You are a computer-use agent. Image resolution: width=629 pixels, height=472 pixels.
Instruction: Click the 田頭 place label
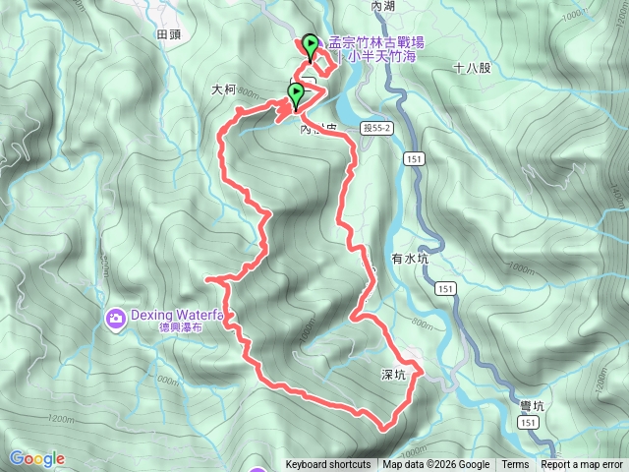click(169, 33)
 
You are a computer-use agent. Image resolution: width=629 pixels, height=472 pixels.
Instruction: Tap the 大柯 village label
click(224, 89)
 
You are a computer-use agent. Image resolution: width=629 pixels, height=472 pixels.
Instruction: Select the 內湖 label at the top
click(382, 6)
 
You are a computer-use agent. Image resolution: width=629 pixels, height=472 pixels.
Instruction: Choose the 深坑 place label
click(394, 375)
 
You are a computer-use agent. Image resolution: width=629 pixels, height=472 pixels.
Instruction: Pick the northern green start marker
click(311, 44)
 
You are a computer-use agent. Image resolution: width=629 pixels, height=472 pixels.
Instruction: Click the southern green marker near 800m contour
click(295, 94)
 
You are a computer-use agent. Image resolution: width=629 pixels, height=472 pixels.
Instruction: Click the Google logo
click(36, 458)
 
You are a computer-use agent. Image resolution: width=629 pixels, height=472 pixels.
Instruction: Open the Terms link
click(515, 465)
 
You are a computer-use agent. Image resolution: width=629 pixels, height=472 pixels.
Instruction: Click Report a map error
click(582, 465)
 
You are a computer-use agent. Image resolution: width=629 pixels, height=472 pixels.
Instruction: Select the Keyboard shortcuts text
click(328, 465)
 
